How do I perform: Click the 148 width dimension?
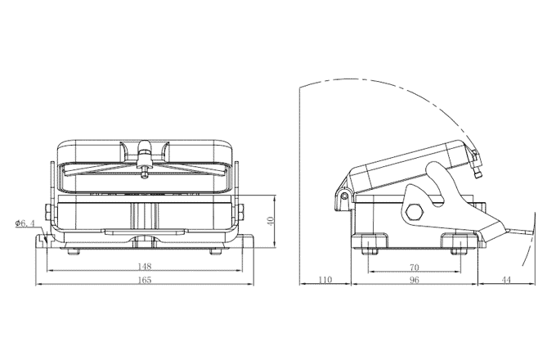pos(144,265)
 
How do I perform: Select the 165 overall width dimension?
pos(144,280)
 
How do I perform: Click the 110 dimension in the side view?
pos(325,280)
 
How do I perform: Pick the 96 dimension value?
pos(414,280)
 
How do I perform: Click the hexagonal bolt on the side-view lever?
pos(415,211)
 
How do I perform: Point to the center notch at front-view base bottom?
pos(145,240)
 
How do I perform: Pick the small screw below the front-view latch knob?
pos(145,171)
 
